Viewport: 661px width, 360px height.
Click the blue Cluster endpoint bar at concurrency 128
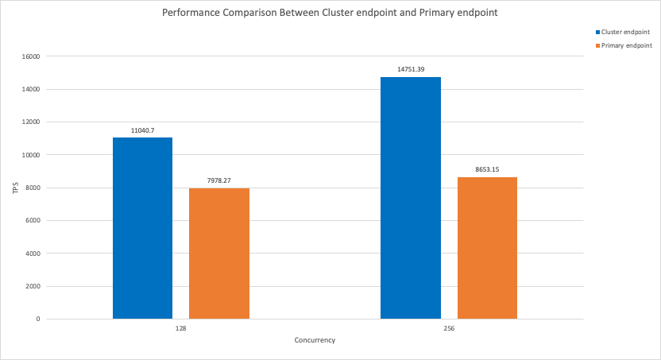(142, 228)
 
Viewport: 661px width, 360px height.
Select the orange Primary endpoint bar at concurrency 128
(219, 254)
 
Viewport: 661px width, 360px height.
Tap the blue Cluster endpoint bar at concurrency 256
(411, 198)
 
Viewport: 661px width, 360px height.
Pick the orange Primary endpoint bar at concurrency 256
(487, 248)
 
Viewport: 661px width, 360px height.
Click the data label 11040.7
(142, 130)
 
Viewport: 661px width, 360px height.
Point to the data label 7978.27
(219, 180)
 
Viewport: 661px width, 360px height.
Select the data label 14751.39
(411, 69)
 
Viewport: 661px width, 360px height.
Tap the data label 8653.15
(487, 169)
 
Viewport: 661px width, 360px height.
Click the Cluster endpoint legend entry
(623, 32)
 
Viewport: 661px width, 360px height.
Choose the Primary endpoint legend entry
(624, 45)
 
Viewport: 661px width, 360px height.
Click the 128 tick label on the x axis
(181, 328)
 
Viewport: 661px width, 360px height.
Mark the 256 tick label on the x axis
(449, 328)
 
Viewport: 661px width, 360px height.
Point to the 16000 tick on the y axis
(31, 56)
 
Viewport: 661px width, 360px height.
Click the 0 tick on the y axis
(38, 319)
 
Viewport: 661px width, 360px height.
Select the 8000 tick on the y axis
(33, 188)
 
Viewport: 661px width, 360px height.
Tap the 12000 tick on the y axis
(31, 122)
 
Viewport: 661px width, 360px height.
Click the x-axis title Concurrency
(315, 340)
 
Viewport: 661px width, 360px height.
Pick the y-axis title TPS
(16, 188)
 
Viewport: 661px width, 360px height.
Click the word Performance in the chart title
(191, 13)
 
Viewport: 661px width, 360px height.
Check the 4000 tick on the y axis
(33, 254)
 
